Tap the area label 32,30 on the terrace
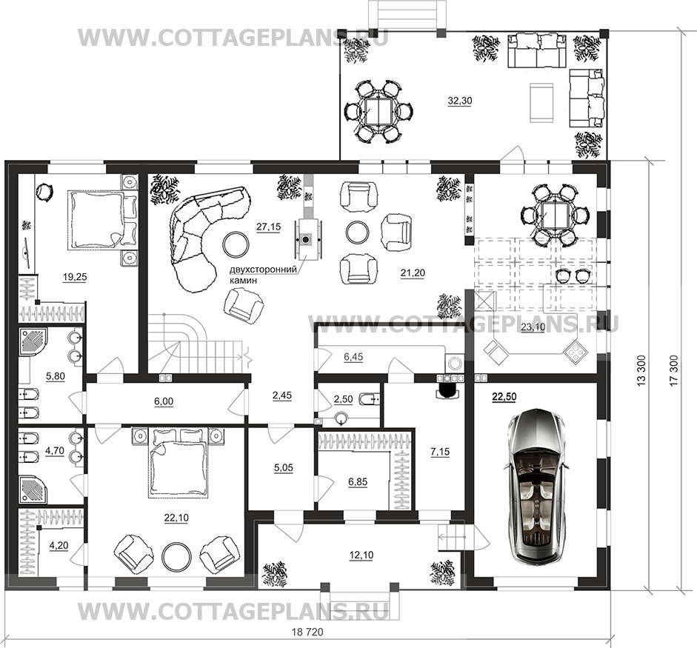pyautogui.click(x=460, y=101)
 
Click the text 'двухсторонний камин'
pyautogui.click(x=262, y=275)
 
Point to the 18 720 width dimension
pyautogui.click(x=307, y=632)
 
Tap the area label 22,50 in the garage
pyautogui.click(x=504, y=397)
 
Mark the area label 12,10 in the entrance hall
pyautogui.click(x=361, y=555)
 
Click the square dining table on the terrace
pyautogui.click(x=378, y=111)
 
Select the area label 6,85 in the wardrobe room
pyautogui.click(x=358, y=482)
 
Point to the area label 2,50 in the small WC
pyautogui.click(x=343, y=399)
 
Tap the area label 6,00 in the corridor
pyautogui.click(x=163, y=401)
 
